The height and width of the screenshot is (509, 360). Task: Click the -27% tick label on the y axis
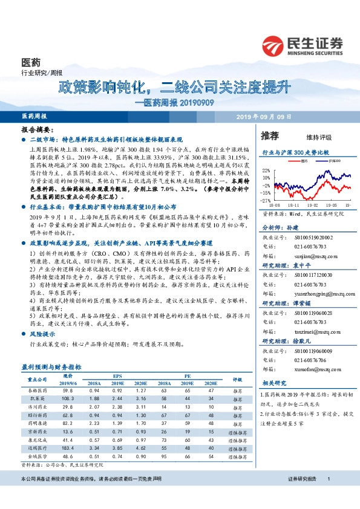(x=266, y=200)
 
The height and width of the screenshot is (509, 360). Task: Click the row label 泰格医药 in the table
(x=38, y=391)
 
